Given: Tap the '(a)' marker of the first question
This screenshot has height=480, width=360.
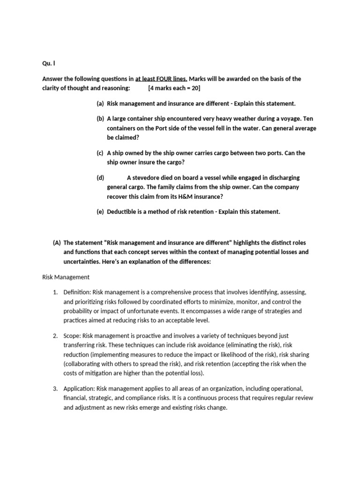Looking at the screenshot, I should click(x=100, y=104).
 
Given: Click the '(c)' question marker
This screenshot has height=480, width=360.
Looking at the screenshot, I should click(x=100, y=153).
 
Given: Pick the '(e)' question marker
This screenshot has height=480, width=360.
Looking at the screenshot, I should click(x=100, y=211).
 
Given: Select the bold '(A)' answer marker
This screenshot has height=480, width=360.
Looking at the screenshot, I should click(x=57, y=242).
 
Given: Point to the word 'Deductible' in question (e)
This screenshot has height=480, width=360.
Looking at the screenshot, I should click(x=121, y=211).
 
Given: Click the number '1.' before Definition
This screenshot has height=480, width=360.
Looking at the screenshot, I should click(x=55, y=292).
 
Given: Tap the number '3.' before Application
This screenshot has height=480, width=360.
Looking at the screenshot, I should click(x=55, y=389).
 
